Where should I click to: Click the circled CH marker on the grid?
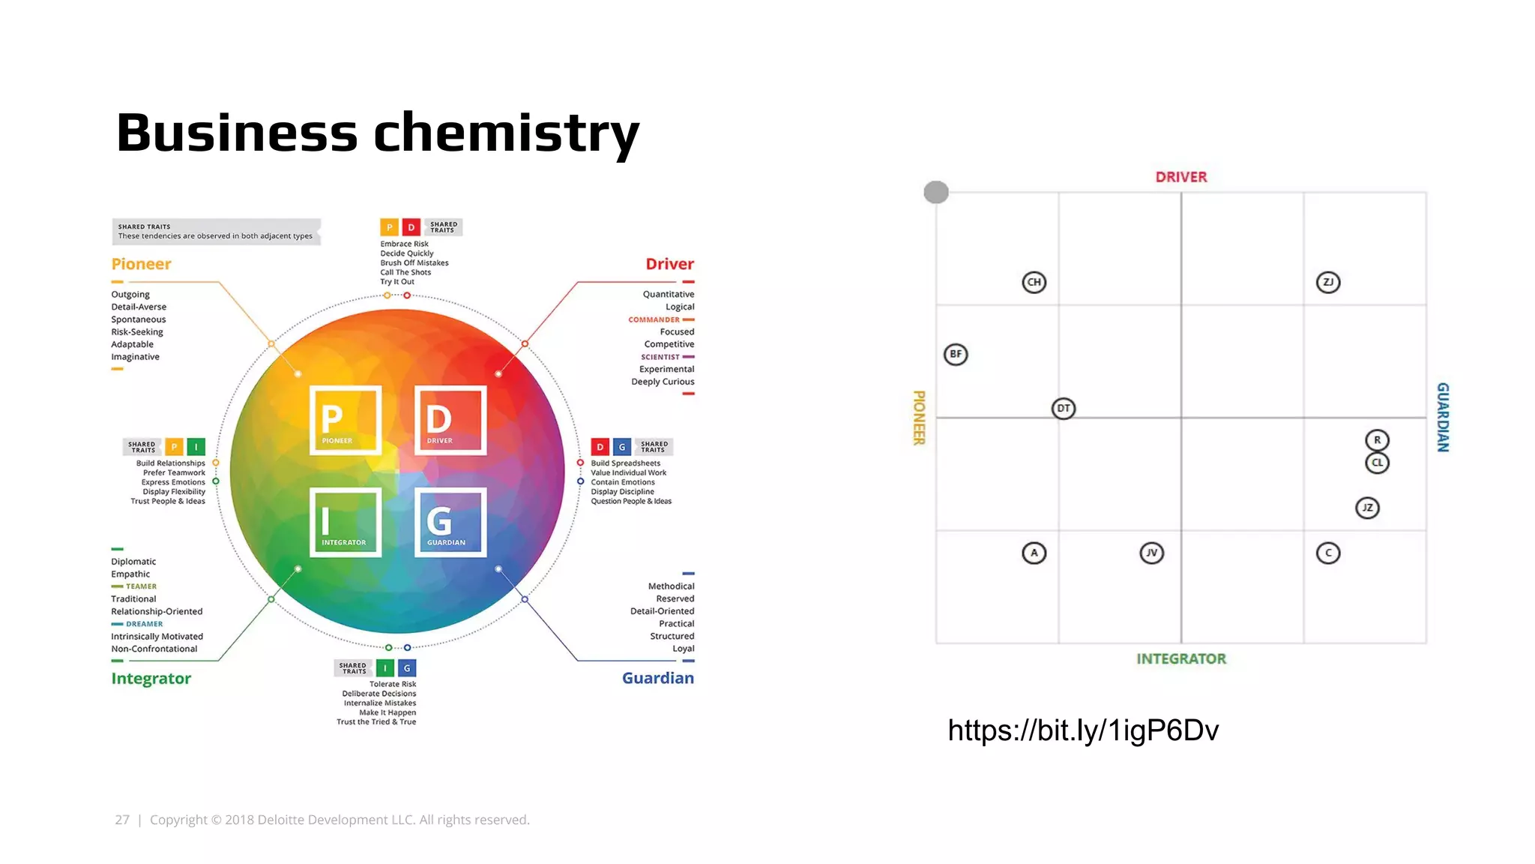(1034, 282)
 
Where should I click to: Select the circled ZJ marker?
(1327, 282)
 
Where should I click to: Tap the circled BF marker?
(956, 354)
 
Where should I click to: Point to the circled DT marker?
(1063, 408)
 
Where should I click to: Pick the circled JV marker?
(1151, 553)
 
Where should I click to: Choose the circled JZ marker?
(1367, 508)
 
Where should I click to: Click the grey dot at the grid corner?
(935, 192)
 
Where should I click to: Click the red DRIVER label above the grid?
(1180, 177)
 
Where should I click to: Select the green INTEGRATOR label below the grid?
(1180, 658)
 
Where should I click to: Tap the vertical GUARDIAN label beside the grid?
(1443, 417)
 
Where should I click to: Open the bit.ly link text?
(1083, 730)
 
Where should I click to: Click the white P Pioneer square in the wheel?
(346, 420)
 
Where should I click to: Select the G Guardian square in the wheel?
(450, 523)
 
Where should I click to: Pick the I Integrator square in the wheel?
(346, 523)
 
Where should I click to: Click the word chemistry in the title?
(506, 132)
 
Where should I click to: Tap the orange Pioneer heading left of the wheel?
(141, 264)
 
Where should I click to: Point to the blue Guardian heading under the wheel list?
(657, 678)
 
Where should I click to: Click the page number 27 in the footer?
(122, 820)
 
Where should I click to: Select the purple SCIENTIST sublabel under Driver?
(660, 357)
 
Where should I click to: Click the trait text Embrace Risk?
(404, 244)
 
